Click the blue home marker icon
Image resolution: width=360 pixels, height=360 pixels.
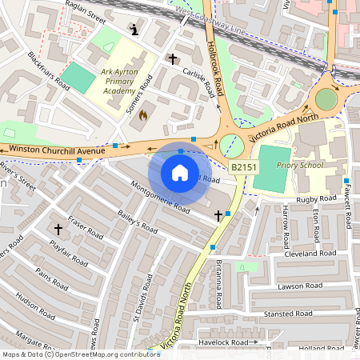pos(180,173)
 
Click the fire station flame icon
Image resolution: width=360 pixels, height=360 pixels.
pos(143,115)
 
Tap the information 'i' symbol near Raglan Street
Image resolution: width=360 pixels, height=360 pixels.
pos(135,30)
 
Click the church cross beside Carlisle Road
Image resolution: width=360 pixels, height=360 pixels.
pos(172,59)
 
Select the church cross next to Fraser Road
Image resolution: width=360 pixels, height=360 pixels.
pos(58,229)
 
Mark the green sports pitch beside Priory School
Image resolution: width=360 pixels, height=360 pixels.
pos(271,169)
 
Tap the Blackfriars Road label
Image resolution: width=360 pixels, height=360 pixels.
pos(50,71)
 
